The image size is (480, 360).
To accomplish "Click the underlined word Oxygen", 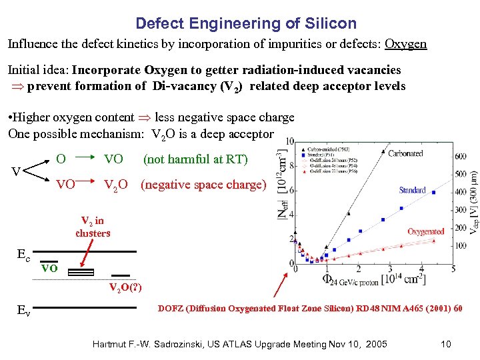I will click(x=405, y=44).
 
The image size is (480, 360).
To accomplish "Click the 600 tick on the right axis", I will click(x=459, y=157).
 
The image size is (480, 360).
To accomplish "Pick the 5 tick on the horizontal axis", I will click(x=453, y=269).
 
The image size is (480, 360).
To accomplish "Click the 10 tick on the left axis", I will click(x=291, y=141).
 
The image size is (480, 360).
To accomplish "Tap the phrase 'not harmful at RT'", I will click(x=195, y=160).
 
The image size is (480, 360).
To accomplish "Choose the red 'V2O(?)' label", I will click(x=125, y=287).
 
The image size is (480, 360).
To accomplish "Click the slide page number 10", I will click(x=446, y=344).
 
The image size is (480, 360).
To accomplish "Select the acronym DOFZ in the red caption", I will click(x=172, y=309).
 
